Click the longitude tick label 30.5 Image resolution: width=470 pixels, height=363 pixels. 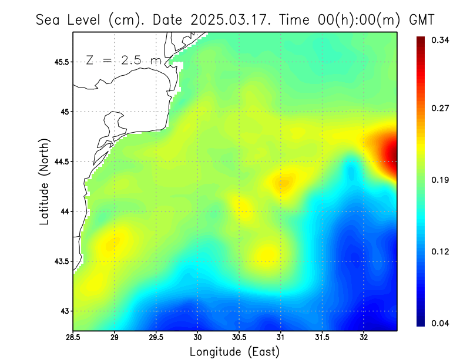coord(239,337)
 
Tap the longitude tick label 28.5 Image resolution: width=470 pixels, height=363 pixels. coord(73,337)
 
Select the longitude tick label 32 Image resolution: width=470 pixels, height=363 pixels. coord(364,337)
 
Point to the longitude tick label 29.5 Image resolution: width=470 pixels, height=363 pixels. coord(156,337)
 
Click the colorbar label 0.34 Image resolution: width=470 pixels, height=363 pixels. coord(441,41)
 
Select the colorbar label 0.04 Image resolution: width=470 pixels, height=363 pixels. coord(441,323)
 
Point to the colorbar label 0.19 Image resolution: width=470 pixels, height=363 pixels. coord(441,180)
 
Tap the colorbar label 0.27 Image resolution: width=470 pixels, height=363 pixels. coord(441,108)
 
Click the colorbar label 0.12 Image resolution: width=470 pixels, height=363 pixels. coord(441,251)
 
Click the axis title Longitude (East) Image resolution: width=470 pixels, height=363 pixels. coord(234,352)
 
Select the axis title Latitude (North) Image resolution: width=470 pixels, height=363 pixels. coord(44,181)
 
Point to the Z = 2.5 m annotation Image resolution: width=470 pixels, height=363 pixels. coord(123,60)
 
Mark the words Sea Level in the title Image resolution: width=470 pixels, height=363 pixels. coord(70,20)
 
